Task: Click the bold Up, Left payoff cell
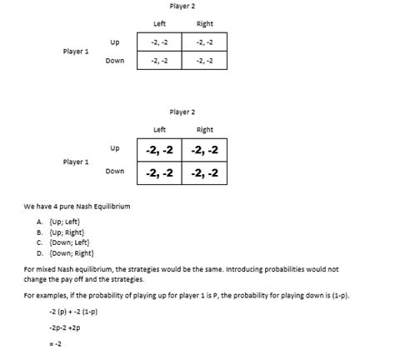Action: click(x=157, y=151)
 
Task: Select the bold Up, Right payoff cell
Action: click(x=204, y=151)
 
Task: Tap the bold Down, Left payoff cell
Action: click(x=157, y=173)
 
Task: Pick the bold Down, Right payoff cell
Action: click(x=204, y=173)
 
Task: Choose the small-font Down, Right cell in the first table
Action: click(x=204, y=61)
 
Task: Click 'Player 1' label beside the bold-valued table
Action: click(x=76, y=162)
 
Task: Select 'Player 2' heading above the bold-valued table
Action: click(x=181, y=112)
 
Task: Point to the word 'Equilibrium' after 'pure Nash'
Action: click(x=108, y=205)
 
